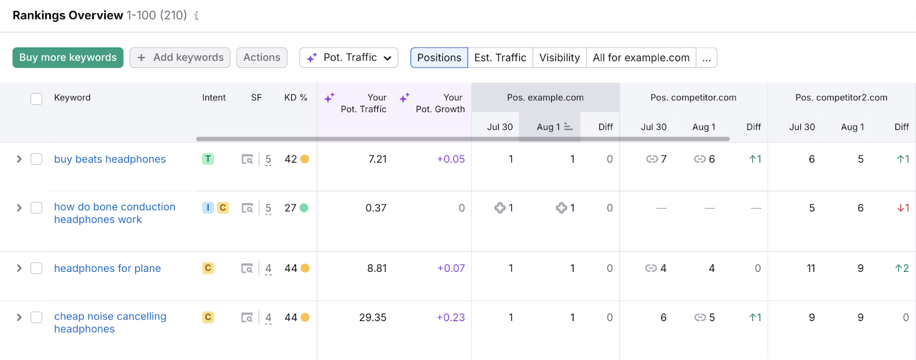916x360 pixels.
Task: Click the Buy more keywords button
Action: [x=68, y=58]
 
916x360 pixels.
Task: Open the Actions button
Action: [x=262, y=58]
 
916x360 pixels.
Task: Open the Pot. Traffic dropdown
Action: [x=349, y=58]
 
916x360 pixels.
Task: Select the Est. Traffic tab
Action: [x=500, y=58]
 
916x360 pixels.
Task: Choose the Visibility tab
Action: [x=559, y=58]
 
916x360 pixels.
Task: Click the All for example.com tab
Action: [x=641, y=58]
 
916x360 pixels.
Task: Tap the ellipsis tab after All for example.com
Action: [x=706, y=58]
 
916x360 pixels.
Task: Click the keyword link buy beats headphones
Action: [x=110, y=159]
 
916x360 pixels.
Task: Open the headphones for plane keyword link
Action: [x=107, y=268]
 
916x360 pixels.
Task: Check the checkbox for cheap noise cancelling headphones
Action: [x=36, y=317]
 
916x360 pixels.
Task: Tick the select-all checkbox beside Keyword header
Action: [x=36, y=98]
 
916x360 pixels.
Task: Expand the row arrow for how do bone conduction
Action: [x=19, y=208]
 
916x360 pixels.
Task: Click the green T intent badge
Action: [x=208, y=159]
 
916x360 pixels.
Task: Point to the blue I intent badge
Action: [x=208, y=208]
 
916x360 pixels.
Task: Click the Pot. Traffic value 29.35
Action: [x=373, y=318]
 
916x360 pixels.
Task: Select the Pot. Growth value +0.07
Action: [x=451, y=268]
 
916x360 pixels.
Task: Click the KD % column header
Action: [x=295, y=98]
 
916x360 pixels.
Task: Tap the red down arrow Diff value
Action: [x=903, y=208]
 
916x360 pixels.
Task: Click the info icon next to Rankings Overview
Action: [x=196, y=16]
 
